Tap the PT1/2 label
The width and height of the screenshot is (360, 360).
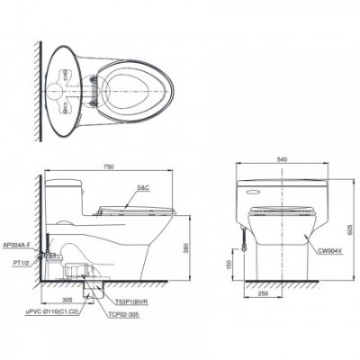click(x=19, y=262)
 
